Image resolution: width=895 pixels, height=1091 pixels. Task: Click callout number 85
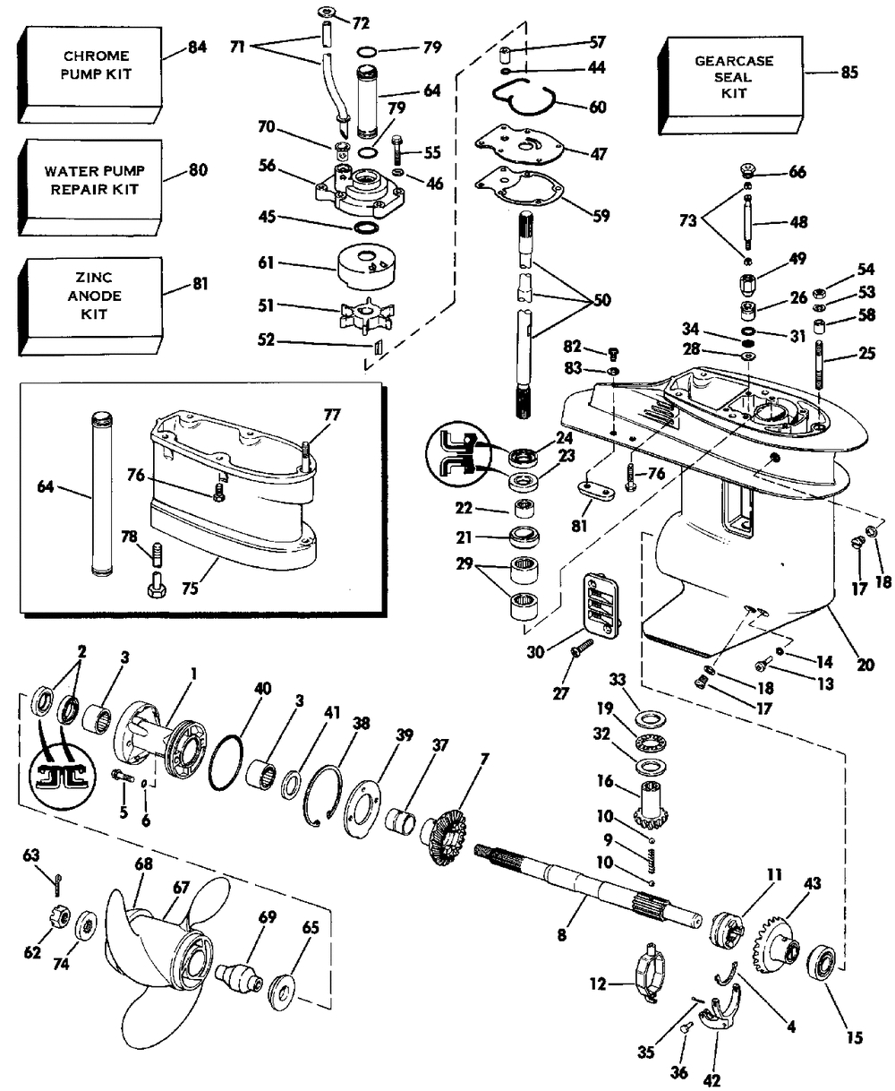tap(848, 73)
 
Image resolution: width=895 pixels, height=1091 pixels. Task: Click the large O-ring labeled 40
tap(229, 763)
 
